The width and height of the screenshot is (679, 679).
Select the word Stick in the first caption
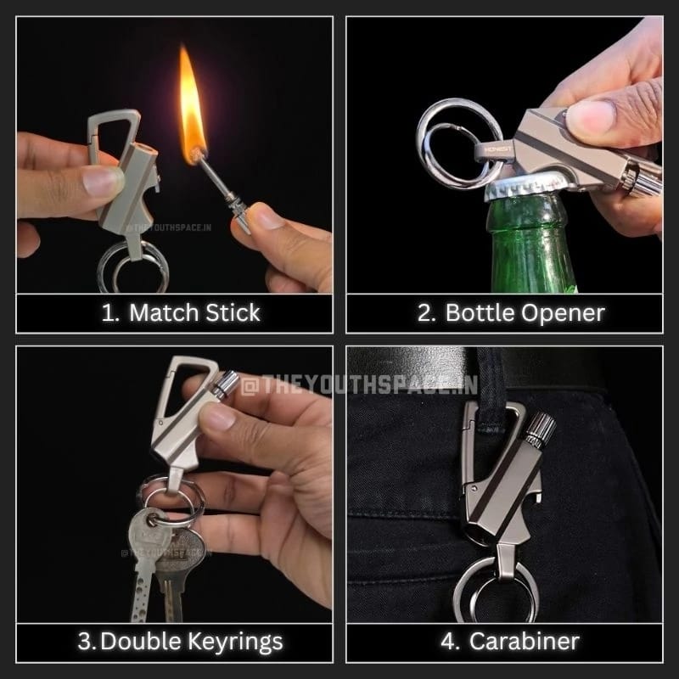click(232, 312)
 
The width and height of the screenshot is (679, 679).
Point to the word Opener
click(564, 312)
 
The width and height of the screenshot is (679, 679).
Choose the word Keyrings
click(238, 642)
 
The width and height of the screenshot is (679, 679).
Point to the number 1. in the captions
click(110, 312)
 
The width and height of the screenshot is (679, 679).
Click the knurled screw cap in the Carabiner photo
click(536, 429)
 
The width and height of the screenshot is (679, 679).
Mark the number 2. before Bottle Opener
click(427, 312)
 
